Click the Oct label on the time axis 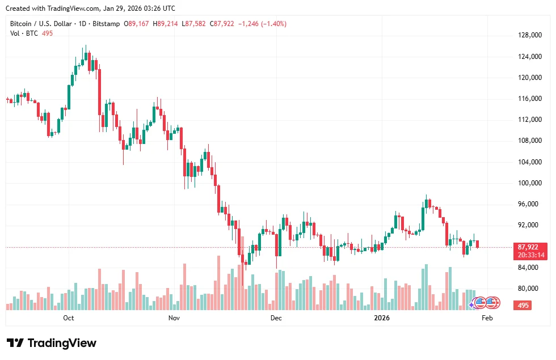(69, 318)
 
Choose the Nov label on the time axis (174, 318)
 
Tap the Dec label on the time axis (276, 318)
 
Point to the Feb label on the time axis (487, 318)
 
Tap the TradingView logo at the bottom (52, 343)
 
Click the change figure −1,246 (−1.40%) (262, 24)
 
